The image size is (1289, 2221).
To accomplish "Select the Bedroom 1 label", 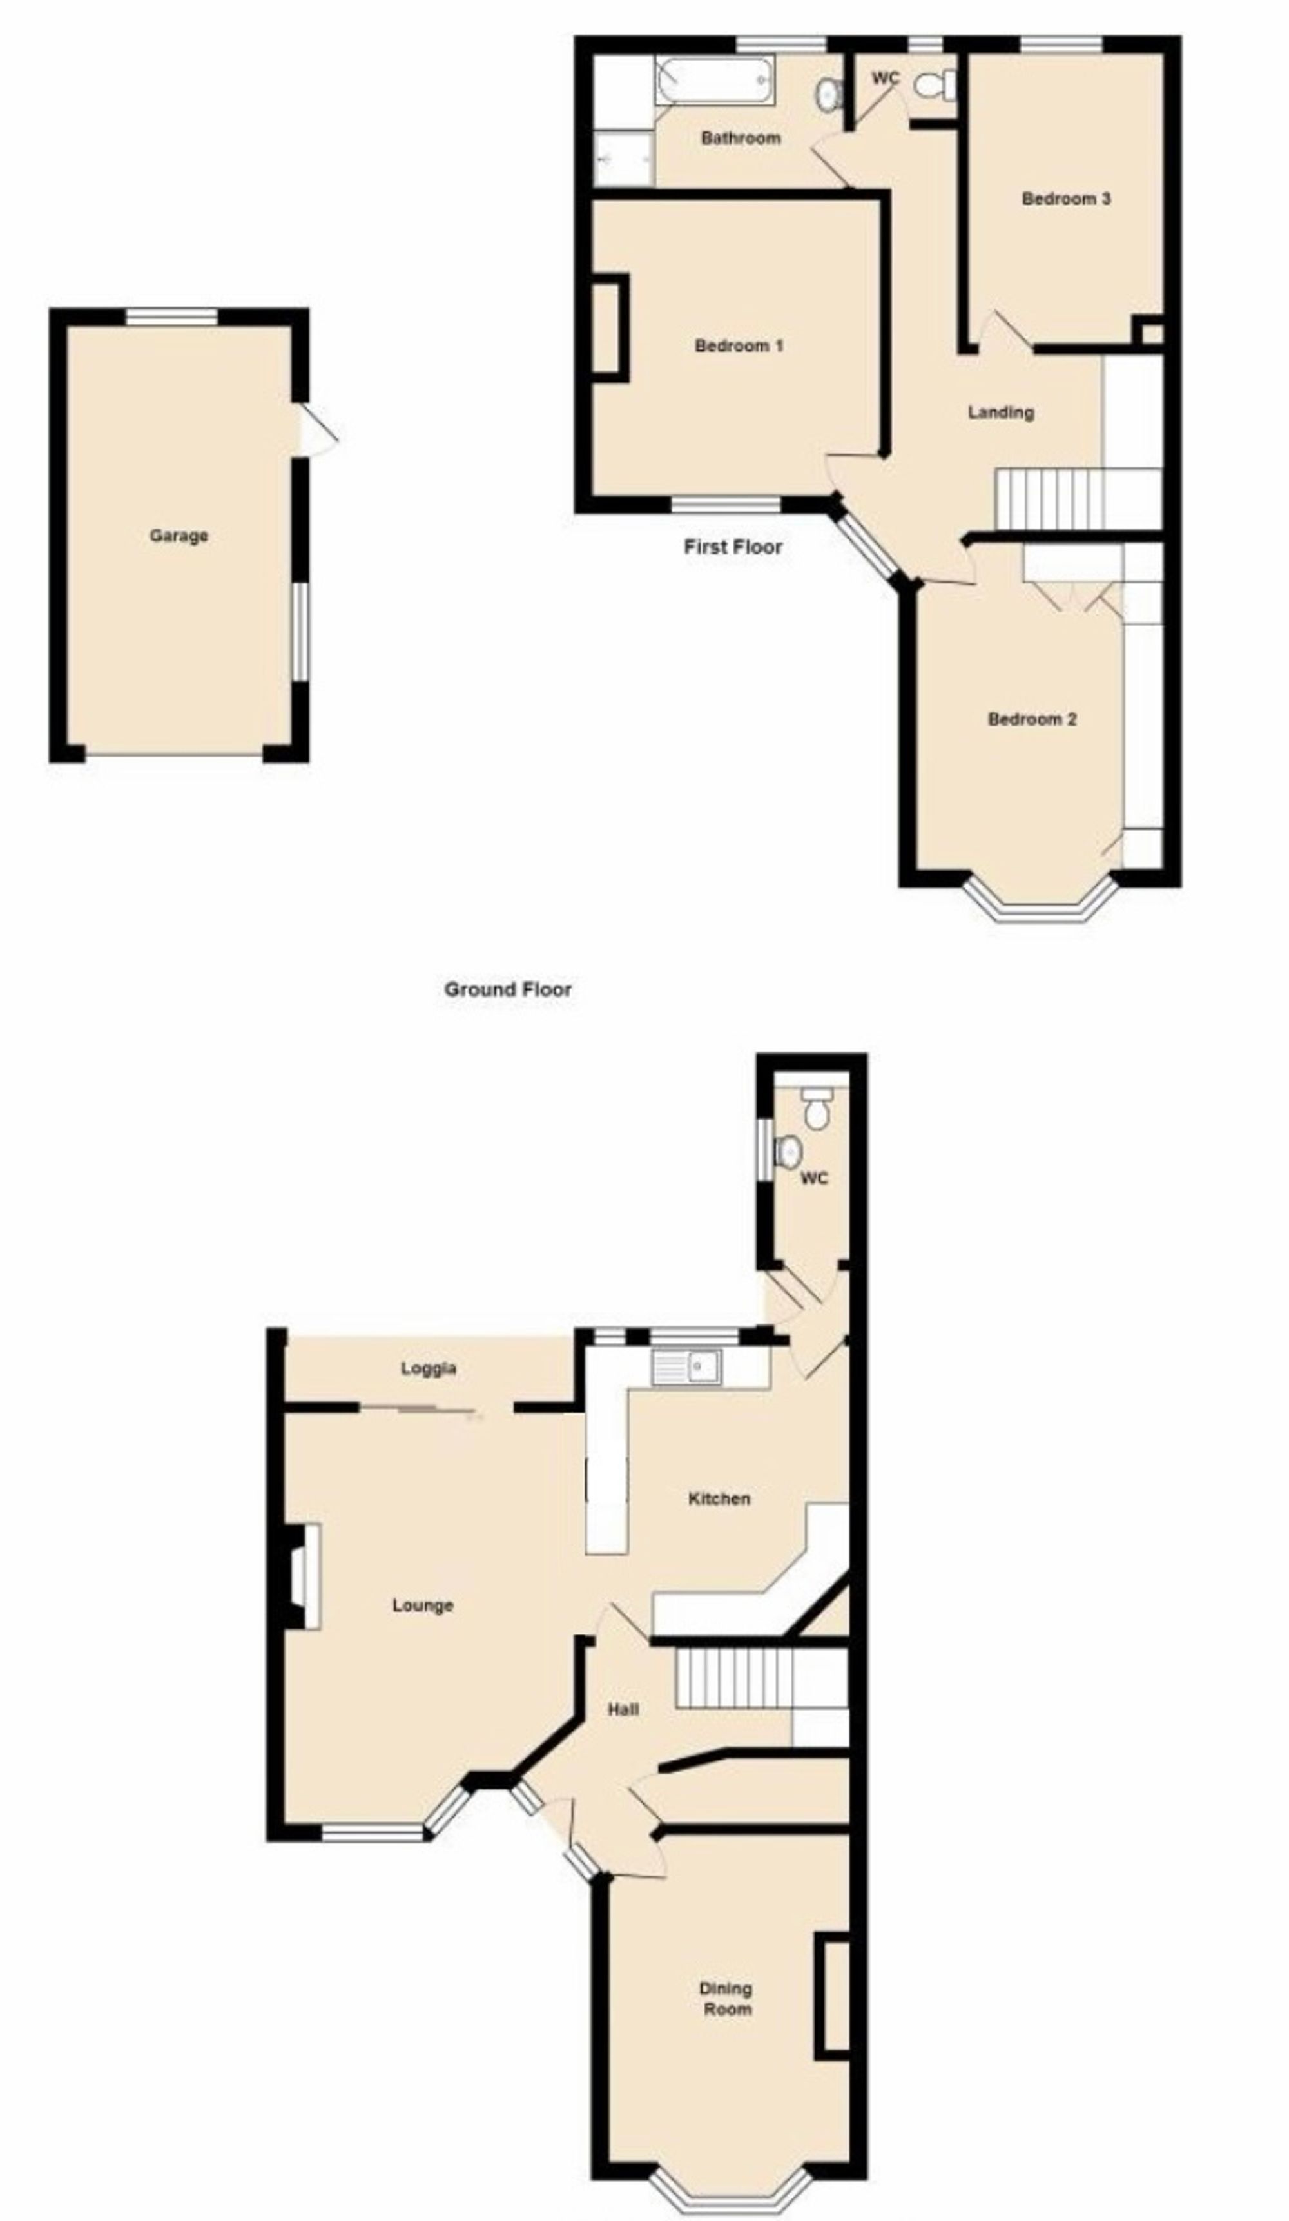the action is tap(739, 345).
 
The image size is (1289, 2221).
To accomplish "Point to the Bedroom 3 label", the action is tap(1066, 199).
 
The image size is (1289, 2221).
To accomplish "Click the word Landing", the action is tap(1001, 412).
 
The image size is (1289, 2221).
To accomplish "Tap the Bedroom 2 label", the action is tap(1032, 719).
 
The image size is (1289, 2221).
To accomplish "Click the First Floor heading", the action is tap(733, 547).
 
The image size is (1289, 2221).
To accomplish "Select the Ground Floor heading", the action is tap(507, 989).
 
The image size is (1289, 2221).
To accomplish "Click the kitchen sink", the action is tap(686, 1367).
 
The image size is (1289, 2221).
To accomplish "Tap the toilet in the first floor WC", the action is tap(934, 84).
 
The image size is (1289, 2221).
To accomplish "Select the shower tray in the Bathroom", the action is tap(624, 160).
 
